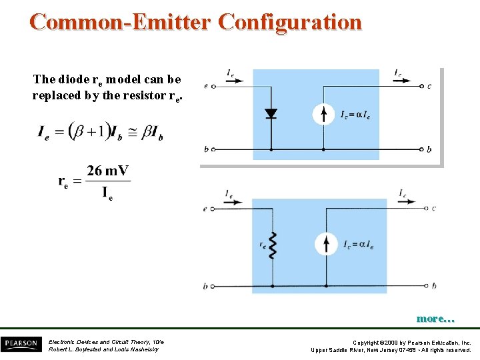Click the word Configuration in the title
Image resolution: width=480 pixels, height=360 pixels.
pos(290,22)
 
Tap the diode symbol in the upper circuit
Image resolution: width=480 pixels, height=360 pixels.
pos(271,113)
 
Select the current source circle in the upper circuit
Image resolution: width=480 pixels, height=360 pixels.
pos(323,115)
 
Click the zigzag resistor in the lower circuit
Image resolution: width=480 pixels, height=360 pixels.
pos(271,245)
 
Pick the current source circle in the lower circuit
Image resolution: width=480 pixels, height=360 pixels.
pos(326,245)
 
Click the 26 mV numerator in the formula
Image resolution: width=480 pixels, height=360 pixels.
pos(107,171)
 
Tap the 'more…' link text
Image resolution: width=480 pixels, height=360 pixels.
pos(435,319)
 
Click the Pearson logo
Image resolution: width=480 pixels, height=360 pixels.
pos(20,344)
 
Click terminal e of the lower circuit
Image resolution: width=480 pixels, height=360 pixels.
pos(213,209)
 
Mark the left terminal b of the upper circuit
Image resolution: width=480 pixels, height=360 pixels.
pos(213,149)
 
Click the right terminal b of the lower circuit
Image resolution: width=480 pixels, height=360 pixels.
pos(425,286)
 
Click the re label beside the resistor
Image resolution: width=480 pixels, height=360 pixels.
pos(263,245)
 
